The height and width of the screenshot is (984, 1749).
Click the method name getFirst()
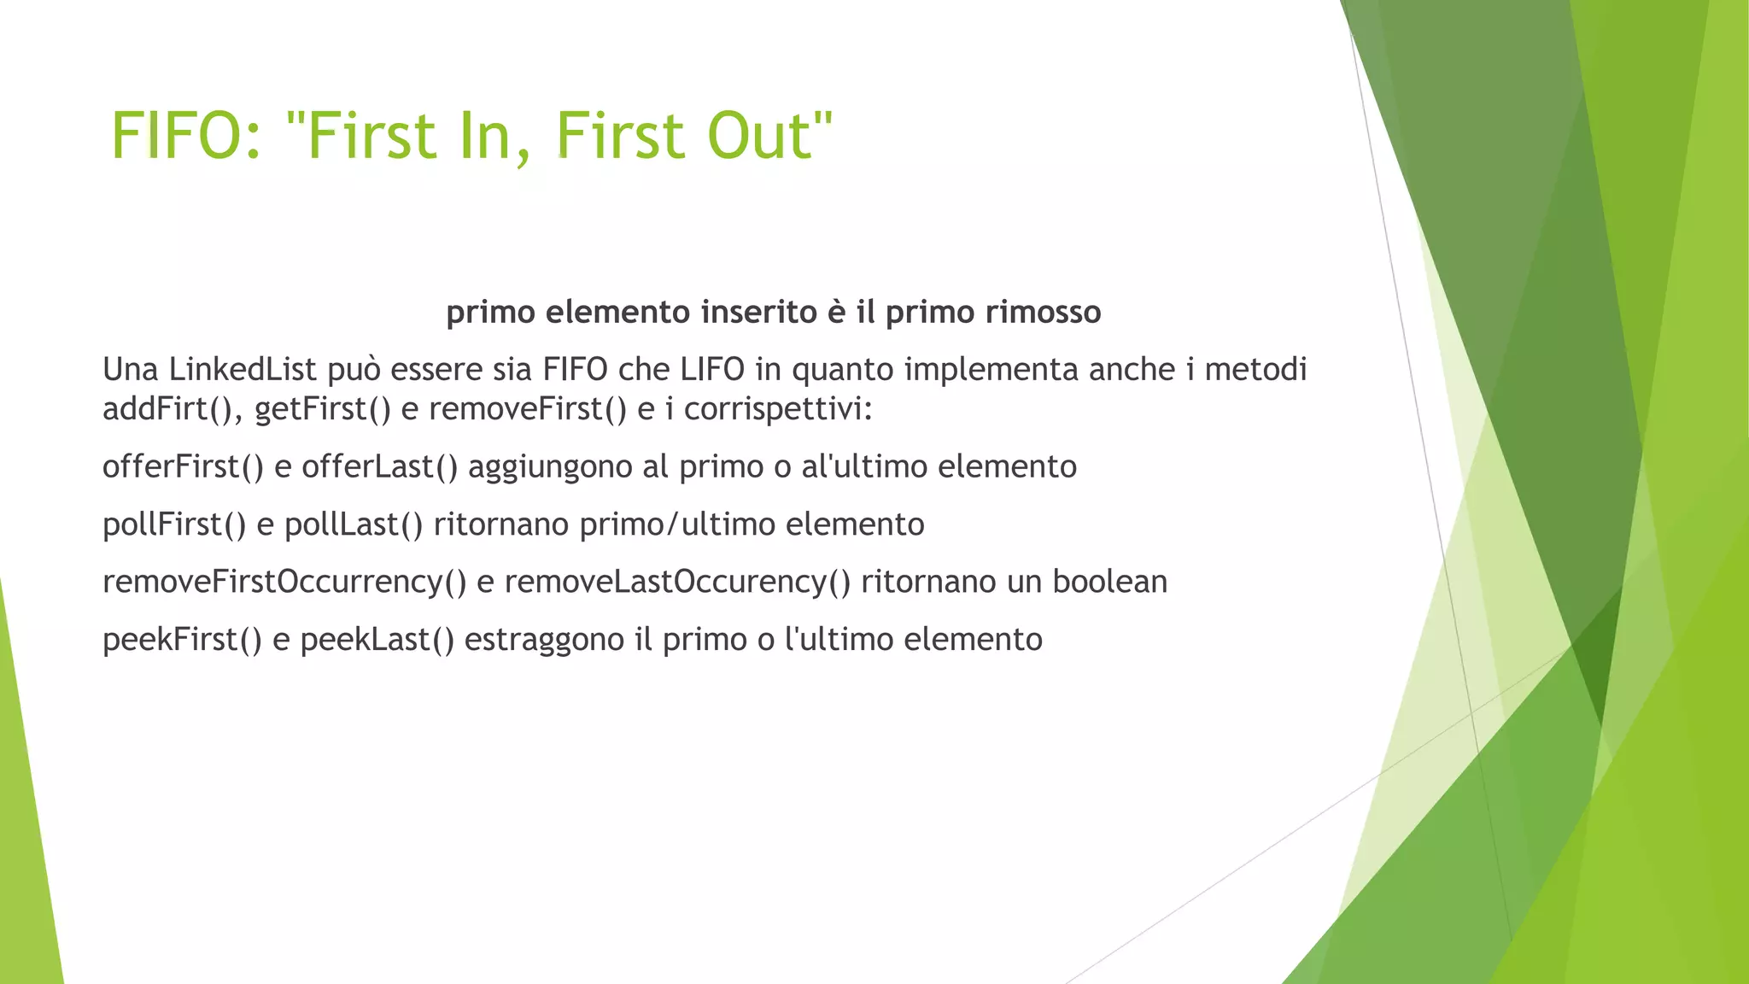[x=323, y=409]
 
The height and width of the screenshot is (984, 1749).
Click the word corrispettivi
[x=777, y=409]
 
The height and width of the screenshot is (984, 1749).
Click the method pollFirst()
[x=174, y=524]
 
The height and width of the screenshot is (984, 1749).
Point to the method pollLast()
[x=354, y=524]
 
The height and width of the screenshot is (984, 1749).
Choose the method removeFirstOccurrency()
[x=284, y=582]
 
